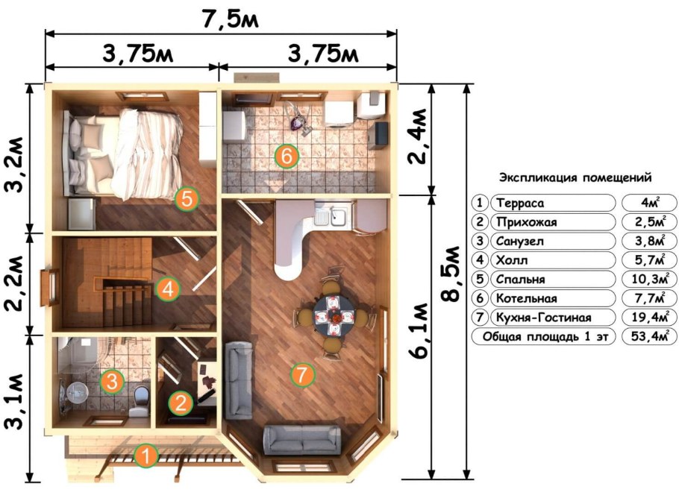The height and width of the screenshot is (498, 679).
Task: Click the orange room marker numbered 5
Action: tap(187, 199)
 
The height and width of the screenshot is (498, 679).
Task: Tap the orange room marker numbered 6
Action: tap(287, 156)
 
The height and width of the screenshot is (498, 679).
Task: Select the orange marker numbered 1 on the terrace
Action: tap(146, 456)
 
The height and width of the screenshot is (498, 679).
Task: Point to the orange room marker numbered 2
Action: tap(181, 403)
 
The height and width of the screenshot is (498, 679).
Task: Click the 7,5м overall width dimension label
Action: tap(230, 19)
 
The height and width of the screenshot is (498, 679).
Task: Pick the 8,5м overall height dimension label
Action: tap(451, 274)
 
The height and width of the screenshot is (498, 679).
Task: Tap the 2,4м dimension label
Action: tap(418, 136)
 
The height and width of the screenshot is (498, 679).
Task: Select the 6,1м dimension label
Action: tap(418, 330)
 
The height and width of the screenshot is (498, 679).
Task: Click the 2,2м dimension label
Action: tap(14, 284)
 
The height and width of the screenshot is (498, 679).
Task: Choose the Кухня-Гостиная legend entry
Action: tap(543, 317)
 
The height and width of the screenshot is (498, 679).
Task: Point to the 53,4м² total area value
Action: tap(648, 335)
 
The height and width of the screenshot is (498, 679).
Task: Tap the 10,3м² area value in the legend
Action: tap(649, 279)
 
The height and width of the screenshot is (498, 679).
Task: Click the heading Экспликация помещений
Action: tap(575, 177)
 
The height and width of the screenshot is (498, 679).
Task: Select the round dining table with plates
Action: tap(334, 315)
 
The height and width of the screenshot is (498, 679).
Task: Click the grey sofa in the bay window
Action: tap(302, 440)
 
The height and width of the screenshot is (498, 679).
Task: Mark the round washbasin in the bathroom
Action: tap(77, 392)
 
